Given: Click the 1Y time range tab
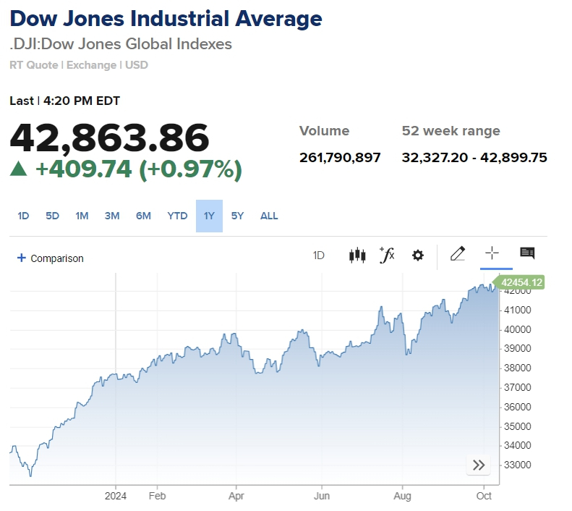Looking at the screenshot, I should coord(209,216).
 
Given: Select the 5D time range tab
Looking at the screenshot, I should coord(52,216).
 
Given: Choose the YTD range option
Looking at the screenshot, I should coord(177,216).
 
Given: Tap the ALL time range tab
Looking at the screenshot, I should coord(269,216).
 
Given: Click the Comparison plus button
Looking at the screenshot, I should coord(22,258).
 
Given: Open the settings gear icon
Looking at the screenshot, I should coord(417,255).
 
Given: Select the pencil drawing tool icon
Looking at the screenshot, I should coord(458,253).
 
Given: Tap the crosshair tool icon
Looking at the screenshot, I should coord(492,253).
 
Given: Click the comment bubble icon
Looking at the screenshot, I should coord(527,253).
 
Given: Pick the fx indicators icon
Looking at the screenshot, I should coord(387,255).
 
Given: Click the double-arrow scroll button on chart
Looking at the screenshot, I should coord(479,465).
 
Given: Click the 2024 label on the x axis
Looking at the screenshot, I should coord(116,497).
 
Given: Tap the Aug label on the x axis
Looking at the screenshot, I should coord(402,497).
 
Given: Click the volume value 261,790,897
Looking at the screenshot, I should coord(340,158).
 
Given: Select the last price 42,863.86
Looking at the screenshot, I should coord(109,138).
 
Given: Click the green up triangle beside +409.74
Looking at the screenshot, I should coord(19,169).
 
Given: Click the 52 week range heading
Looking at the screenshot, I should coord(451,131).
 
